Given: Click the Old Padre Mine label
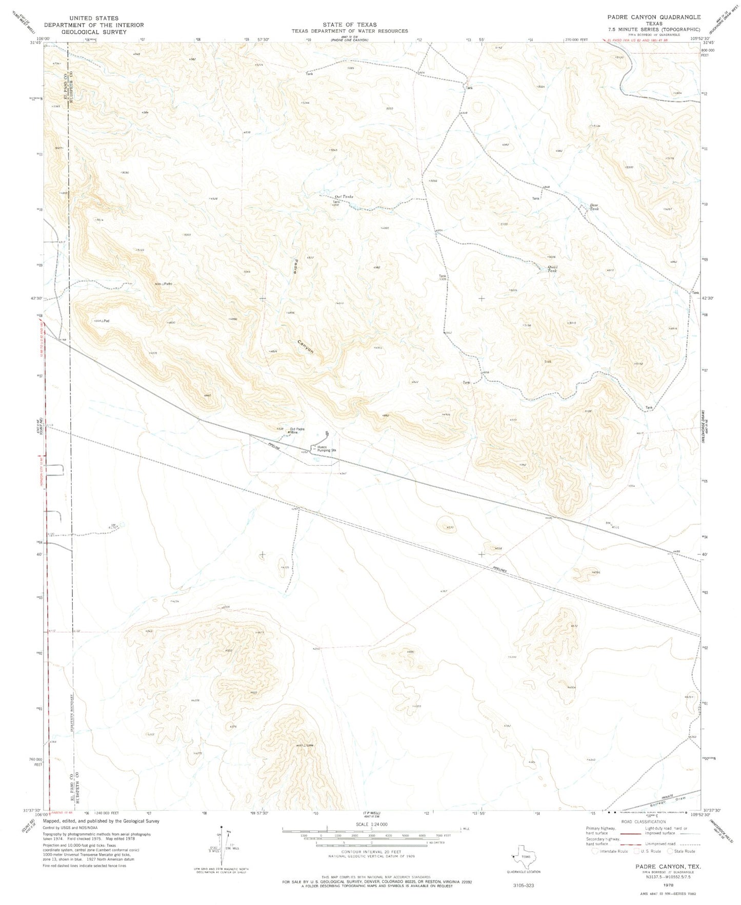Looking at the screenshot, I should (297, 430).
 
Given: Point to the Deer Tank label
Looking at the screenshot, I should (594, 208).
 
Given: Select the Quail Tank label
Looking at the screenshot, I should (552, 269).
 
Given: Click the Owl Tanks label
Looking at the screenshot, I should (344, 197).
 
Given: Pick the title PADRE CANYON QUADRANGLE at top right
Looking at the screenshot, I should (654, 17).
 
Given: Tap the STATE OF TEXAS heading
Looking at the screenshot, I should (350, 24).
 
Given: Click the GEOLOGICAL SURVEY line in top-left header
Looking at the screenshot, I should (93, 31).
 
